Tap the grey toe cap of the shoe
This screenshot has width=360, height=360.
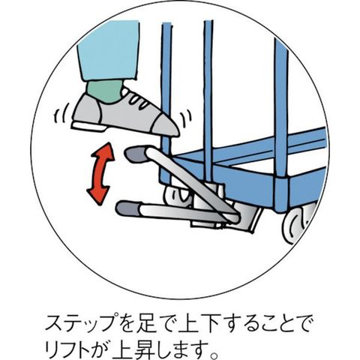[x=164, y=127]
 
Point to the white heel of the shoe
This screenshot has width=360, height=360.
[x=88, y=127]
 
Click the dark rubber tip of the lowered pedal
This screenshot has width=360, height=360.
[x=128, y=208]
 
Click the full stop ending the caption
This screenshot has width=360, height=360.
[x=214, y=354]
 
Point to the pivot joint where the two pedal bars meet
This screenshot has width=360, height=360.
[x=235, y=218]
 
